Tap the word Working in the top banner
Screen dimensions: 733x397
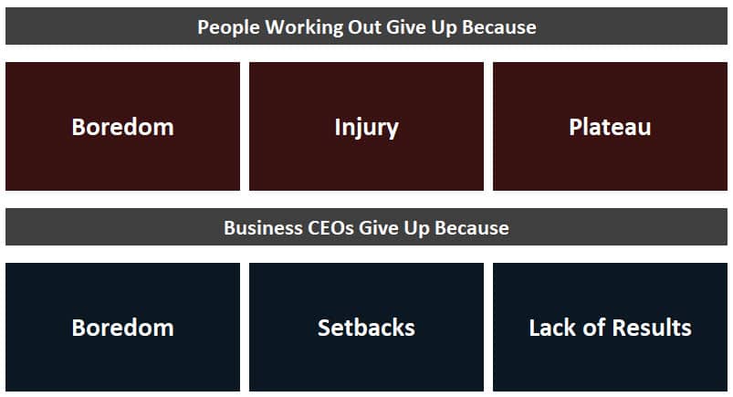pyautogui.click(x=304, y=27)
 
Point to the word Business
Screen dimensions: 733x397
pyautogui.click(x=263, y=228)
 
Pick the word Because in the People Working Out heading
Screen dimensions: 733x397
pyautogui.click(x=499, y=26)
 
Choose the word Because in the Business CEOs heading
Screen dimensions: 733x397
pyautogui.click(x=472, y=228)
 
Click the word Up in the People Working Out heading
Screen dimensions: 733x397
pyautogui.click(x=444, y=27)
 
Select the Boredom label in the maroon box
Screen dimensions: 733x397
pyautogui.click(x=123, y=127)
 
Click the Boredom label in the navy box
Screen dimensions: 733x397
pyautogui.click(x=123, y=328)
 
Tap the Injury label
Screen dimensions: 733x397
pyautogui.click(x=367, y=128)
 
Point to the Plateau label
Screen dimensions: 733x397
pyautogui.click(x=610, y=127)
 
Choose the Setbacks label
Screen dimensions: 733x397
pyautogui.click(x=367, y=328)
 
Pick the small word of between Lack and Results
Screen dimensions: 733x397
pyautogui.click(x=594, y=328)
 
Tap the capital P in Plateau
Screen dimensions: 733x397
pyautogui.click(x=575, y=127)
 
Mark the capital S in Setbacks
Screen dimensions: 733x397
pyautogui.click(x=324, y=328)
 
